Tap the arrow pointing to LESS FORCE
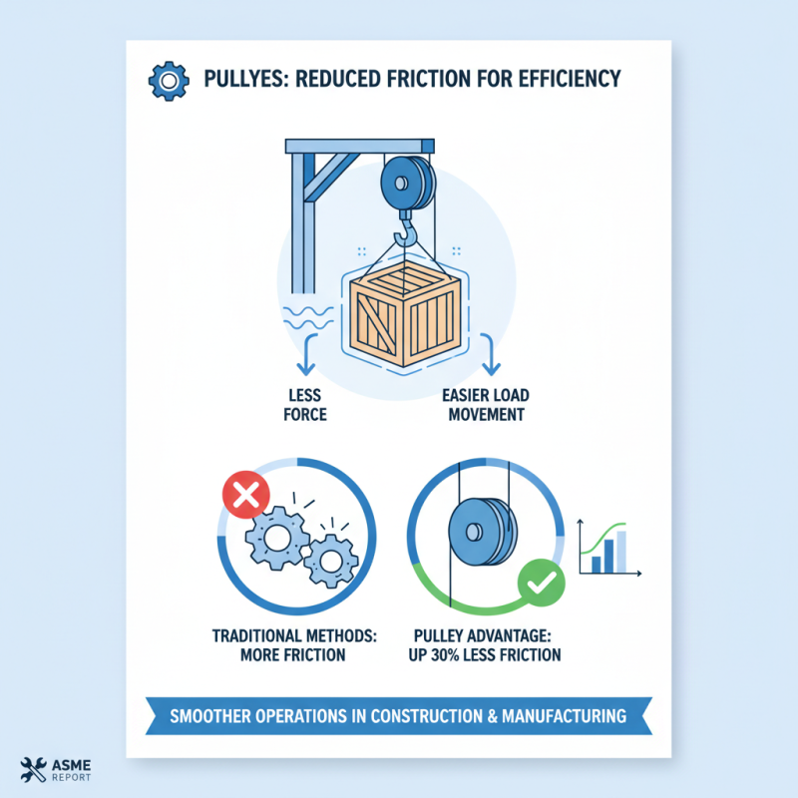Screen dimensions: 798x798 coord(308,355)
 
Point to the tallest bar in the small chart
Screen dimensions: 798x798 coord(621,553)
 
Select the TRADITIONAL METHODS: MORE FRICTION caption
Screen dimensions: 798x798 coord(291,645)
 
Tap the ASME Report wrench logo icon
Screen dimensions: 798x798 coord(33,770)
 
